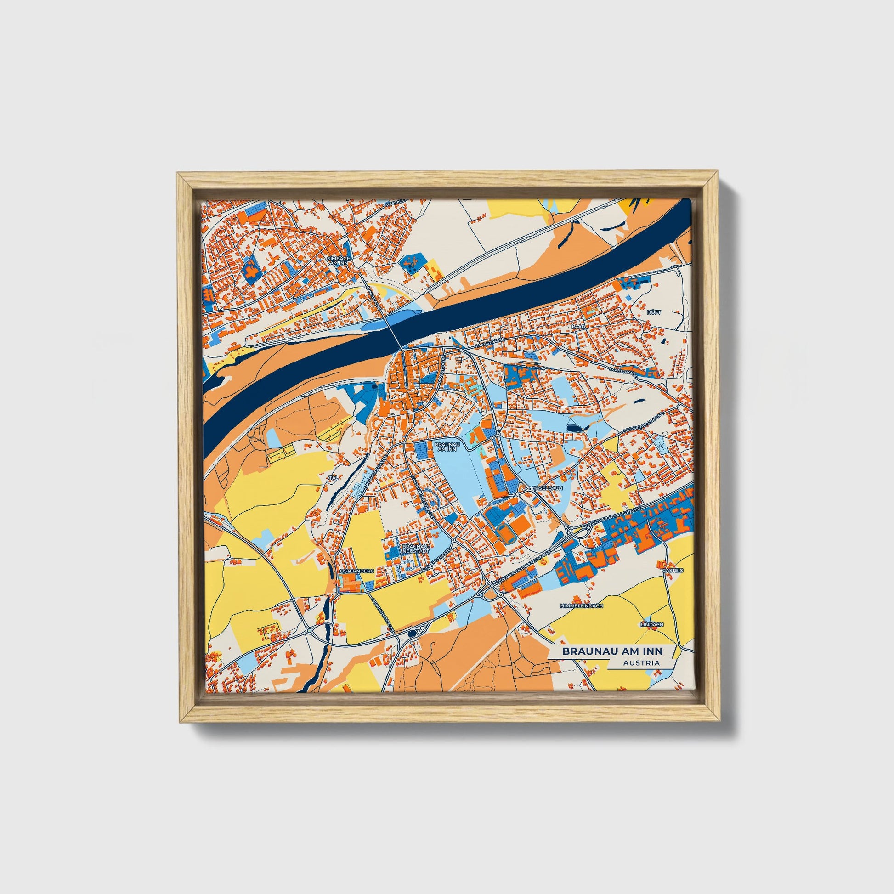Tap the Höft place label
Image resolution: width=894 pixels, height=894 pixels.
point(654,312)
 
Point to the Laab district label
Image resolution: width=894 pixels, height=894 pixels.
point(578,327)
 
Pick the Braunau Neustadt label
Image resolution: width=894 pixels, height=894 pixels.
point(415,549)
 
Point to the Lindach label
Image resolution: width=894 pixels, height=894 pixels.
point(652,624)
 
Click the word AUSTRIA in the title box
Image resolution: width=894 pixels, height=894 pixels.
point(641,663)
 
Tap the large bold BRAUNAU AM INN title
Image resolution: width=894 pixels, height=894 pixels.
point(612,651)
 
